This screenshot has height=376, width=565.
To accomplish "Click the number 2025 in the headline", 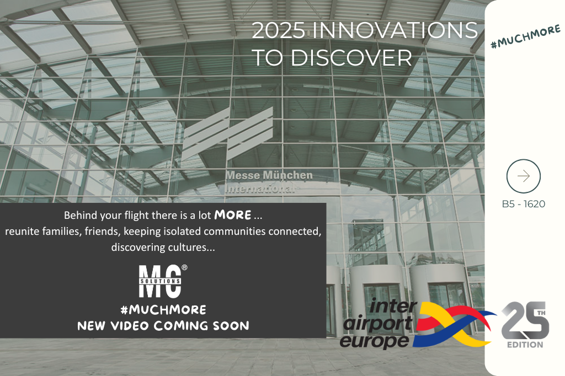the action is coord(279,30).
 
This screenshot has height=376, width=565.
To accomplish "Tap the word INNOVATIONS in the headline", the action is coord(395,30).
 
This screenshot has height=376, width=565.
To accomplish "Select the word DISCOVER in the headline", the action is coord(351,58).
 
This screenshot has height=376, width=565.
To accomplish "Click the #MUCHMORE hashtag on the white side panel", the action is coord(526,36).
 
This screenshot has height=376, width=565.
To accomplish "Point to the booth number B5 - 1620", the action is coord(524,204).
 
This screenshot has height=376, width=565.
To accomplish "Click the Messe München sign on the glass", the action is coord(269,175).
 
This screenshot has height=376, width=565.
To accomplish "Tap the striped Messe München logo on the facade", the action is coord(227,133).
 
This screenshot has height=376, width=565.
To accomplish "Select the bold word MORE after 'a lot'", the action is coord(233,215).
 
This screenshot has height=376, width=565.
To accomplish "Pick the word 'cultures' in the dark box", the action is coord(189,247).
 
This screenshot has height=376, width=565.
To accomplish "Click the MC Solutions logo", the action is coord(161,281).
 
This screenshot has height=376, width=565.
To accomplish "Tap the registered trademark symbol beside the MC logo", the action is coord(184,267).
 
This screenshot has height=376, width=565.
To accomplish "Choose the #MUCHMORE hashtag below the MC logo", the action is coord(163,309).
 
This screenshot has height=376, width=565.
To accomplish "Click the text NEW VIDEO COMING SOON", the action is coord(163,326).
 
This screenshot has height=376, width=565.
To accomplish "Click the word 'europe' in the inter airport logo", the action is coord(375,340).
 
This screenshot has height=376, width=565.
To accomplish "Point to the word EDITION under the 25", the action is coord(525,345).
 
